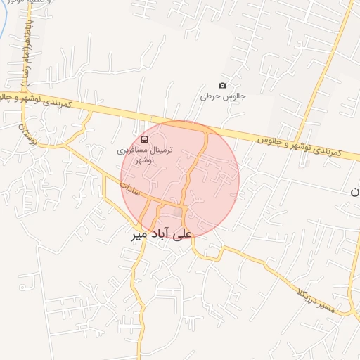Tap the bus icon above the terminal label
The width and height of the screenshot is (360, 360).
coord(144,139)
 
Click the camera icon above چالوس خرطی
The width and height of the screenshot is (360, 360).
coord(223,86)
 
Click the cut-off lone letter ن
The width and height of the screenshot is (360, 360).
coord(355,191)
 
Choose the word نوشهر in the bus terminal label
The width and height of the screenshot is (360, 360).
coord(143,160)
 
